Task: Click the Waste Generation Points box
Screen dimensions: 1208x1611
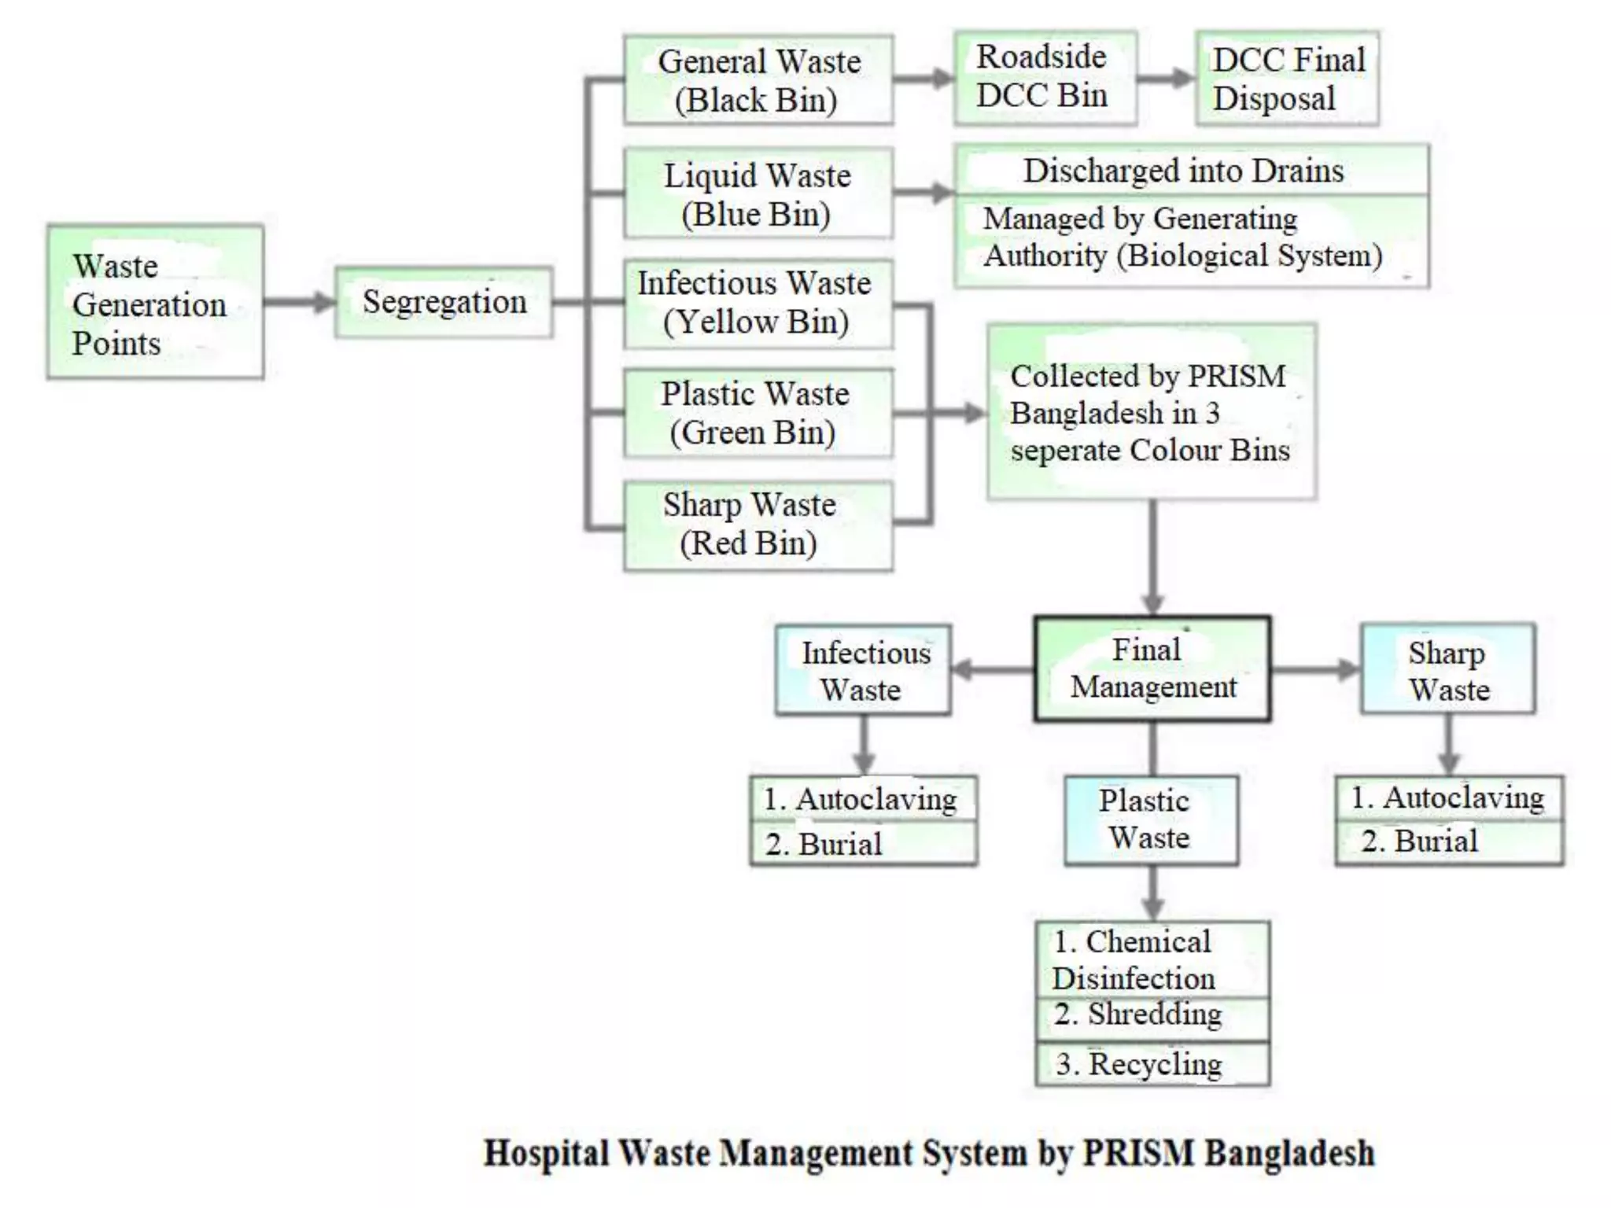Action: [x=155, y=302]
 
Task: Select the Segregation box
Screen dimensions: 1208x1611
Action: [x=444, y=302]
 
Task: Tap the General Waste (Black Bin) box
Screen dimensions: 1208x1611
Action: [x=758, y=79]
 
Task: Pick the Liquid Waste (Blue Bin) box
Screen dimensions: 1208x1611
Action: [x=758, y=193]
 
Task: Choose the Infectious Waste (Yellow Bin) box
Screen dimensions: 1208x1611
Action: [x=758, y=303]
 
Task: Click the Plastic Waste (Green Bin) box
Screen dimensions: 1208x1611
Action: [x=758, y=413]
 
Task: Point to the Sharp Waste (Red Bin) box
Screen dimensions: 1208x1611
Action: [x=758, y=525]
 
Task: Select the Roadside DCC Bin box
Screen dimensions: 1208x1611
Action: [x=1045, y=77]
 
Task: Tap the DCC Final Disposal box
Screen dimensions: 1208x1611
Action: [x=1287, y=78]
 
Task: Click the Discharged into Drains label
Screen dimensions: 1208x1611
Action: [x=1183, y=171]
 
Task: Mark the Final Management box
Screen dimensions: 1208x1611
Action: [x=1152, y=668]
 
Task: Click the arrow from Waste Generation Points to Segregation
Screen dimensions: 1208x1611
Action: [x=300, y=302]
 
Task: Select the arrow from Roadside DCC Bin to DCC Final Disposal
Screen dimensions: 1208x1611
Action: [x=1167, y=78]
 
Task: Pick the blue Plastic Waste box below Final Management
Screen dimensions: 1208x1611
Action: [x=1150, y=819]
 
